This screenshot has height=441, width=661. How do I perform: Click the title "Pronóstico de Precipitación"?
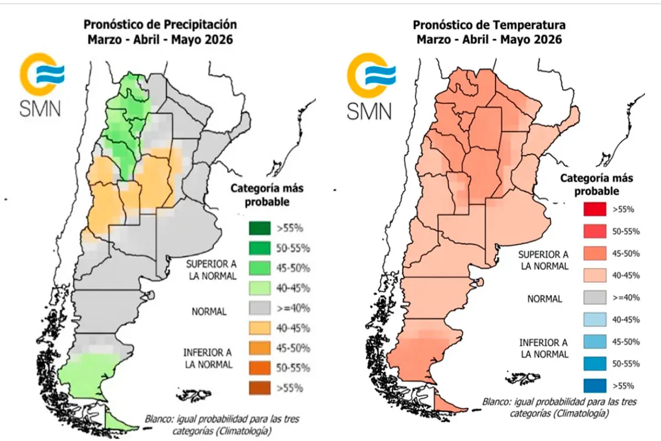tap(160, 25)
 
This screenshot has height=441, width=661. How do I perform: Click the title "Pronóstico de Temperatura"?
tap(489, 25)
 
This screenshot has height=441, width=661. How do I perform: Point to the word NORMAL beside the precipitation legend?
tap(209, 311)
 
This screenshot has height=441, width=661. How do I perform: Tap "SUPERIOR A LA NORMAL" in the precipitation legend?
tap(211, 268)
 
